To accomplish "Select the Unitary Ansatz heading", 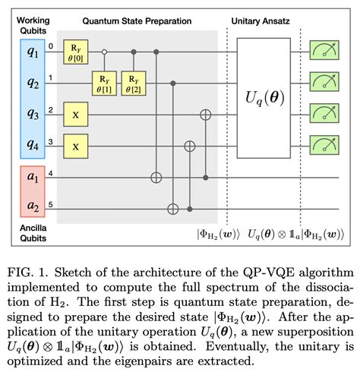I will pyautogui.click(x=263, y=21).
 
